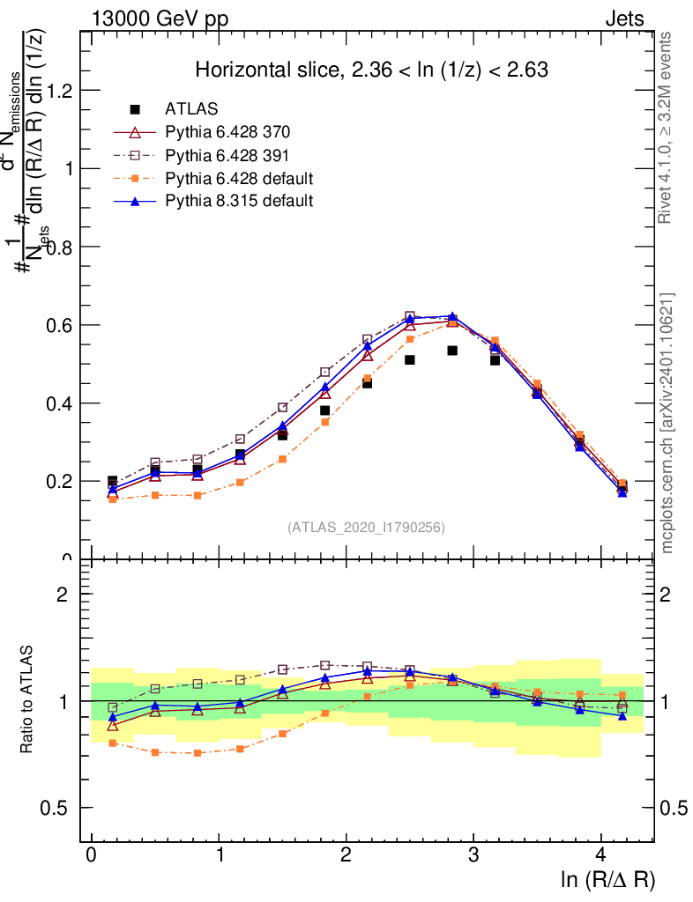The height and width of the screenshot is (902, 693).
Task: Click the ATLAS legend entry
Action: pyautogui.click(x=191, y=109)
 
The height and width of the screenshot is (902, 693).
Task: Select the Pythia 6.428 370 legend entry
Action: pyautogui.click(x=227, y=132)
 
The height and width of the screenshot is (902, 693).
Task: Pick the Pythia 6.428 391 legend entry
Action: pyautogui.click(x=227, y=155)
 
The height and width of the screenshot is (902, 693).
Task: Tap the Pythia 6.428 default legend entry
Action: pyautogui.click(x=239, y=178)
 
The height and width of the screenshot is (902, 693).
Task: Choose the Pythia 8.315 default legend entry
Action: pyautogui.click(x=239, y=201)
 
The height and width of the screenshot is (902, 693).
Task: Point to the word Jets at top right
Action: pyautogui.click(x=624, y=18)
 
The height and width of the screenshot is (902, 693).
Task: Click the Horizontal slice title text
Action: pyautogui.click(x=372, y=70)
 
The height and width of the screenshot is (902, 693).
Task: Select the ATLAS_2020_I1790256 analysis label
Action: pyautogui.click(x=366, y=528)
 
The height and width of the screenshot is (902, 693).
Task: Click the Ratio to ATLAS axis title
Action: pyautogui.click(x=28, y=700)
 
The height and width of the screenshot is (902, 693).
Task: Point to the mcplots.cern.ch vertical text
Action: pyautogui.click(x=667, y=423)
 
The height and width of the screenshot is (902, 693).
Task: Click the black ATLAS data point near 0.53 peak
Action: pyautogui.click(x=452, y=351)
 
